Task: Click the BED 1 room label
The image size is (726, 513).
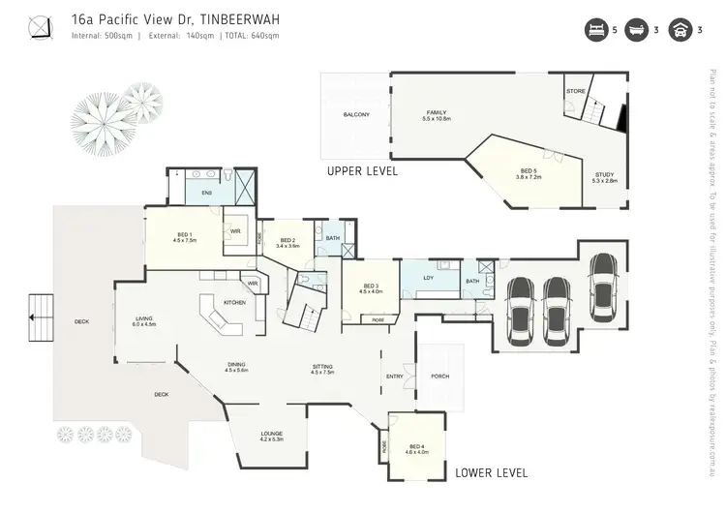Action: pyautogui.click(x=185, y=235)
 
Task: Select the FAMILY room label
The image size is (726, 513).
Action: pyautogui.click(x=437, y=114)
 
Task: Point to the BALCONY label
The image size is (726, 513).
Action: pyautogui.click(x=356, y=114)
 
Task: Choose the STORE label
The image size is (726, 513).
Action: pyautogui.click(x=575, y=91)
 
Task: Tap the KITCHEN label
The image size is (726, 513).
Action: pyautogui.click(x=234, y=303)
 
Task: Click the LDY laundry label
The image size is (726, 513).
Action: pyautogui.click(x=428, y=278)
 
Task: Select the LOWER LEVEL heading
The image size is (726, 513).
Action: pyautogui.click(x=492, y=473)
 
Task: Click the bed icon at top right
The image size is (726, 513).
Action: pyautogui.click(x=594, y=30)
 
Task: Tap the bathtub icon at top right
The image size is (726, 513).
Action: pyautogui.click(x=637, y=30)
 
